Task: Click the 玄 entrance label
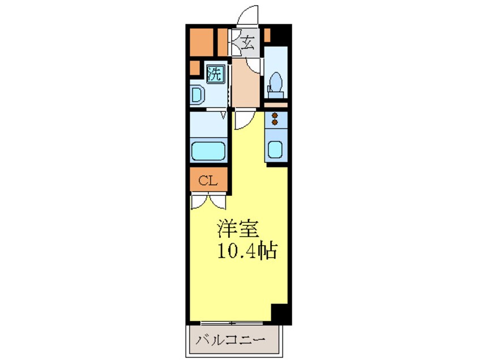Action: pyautogui.click(x=248, y=42)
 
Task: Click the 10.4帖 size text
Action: pyautogui.click(x=246, y=250)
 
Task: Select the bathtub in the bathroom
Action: pyautogui.click(x=209, y=151)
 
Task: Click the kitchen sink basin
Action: pyautogui.click(x=276, y=149)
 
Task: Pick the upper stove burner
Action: pyautogui.click(x=276, y=115)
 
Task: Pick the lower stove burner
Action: pyautogui.click(x=276, y=122)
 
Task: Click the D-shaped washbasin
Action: pyautogui.click(x=196, y=94)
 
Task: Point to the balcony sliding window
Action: pyautogui.click(x=233, y=323)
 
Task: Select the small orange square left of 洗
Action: pyautogui.click(x=194, y=69)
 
